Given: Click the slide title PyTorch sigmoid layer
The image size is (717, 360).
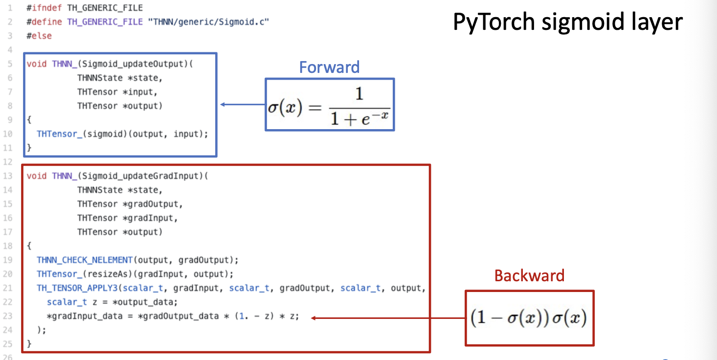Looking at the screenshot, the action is pyautogui.click(x=567, y=22).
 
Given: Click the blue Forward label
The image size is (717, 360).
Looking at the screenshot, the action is pyautogui.click(x=329, y=67).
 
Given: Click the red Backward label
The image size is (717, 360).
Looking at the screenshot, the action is pyautogui.click(x=529, y=275).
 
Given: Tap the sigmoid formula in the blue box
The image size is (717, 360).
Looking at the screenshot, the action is pyautogui.click(x=329, y=105).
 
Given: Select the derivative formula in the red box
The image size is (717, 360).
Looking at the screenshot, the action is pyautogui.click(x=529, y=318).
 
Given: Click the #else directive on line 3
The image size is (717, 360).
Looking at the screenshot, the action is pyautogui.click(x=39, y=36).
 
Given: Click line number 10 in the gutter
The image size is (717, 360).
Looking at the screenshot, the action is pyautogui.click(x=9, y=134).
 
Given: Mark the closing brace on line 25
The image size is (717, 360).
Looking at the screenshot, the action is pyautogui.click(x=29, y=344).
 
